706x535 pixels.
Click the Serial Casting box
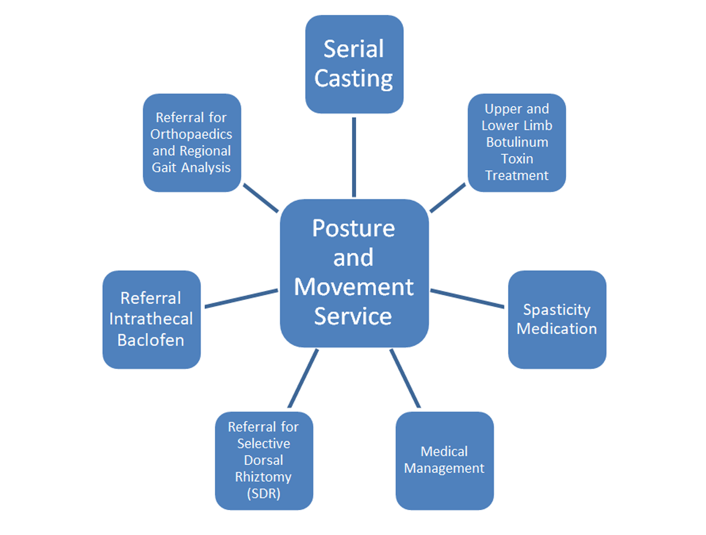point(354,64)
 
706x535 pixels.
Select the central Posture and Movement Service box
point(354,273)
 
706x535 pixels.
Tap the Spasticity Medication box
point(557,319)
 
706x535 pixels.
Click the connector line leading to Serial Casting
point(354,157)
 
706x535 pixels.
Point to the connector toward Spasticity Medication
point(467,298)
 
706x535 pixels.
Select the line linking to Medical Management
point(405,378)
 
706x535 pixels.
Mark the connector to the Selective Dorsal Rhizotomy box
point(303,378)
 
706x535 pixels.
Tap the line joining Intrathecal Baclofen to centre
point(241,298)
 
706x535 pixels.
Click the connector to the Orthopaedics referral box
point(261,198)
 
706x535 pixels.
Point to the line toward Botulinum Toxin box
point(447,198)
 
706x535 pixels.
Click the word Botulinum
point(517,142)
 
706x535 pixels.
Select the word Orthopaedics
point(191,134)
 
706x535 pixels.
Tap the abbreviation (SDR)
point(263,493)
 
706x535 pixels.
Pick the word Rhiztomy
point(263,477)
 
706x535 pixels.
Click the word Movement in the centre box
point(354,287)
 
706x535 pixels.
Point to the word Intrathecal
point(151,319)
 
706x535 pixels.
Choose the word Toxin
point(517,158)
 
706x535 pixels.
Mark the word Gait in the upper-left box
point(164,167)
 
